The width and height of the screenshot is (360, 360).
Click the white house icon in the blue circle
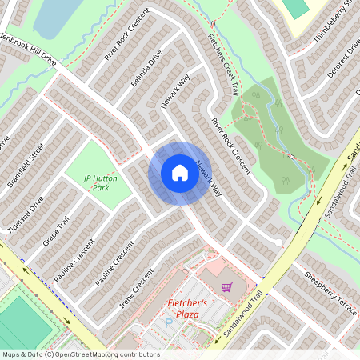pos(179,173)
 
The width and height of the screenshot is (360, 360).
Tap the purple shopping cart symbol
pos(227,286)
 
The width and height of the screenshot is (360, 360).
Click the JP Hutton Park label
pos(98,182)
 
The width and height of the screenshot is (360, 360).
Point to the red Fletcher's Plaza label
pos(187,309)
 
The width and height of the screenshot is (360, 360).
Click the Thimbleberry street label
pos(336,20)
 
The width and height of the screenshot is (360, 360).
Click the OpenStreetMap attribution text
pos(81,354)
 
